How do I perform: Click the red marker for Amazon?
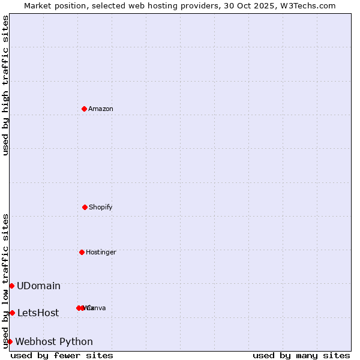tap(84, 109)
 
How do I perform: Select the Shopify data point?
tap(85, 207)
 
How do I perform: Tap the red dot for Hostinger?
tap(82, 252)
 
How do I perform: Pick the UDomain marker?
tap(11, 286)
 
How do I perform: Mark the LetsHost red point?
tap(12, 313)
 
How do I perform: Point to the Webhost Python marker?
tap(10, 341)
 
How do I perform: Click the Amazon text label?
tap(101, 109)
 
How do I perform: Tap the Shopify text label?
tap(101, 207)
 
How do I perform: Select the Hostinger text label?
tap(101, 252)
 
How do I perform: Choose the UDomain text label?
tap(38, 286)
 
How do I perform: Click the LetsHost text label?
tap(38, 313)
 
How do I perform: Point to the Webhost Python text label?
tap(54, 341)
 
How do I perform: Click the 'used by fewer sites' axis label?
tap(62, 355)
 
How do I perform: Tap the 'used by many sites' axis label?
tap(301, 355)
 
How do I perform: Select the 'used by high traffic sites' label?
tap(5, 85)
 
